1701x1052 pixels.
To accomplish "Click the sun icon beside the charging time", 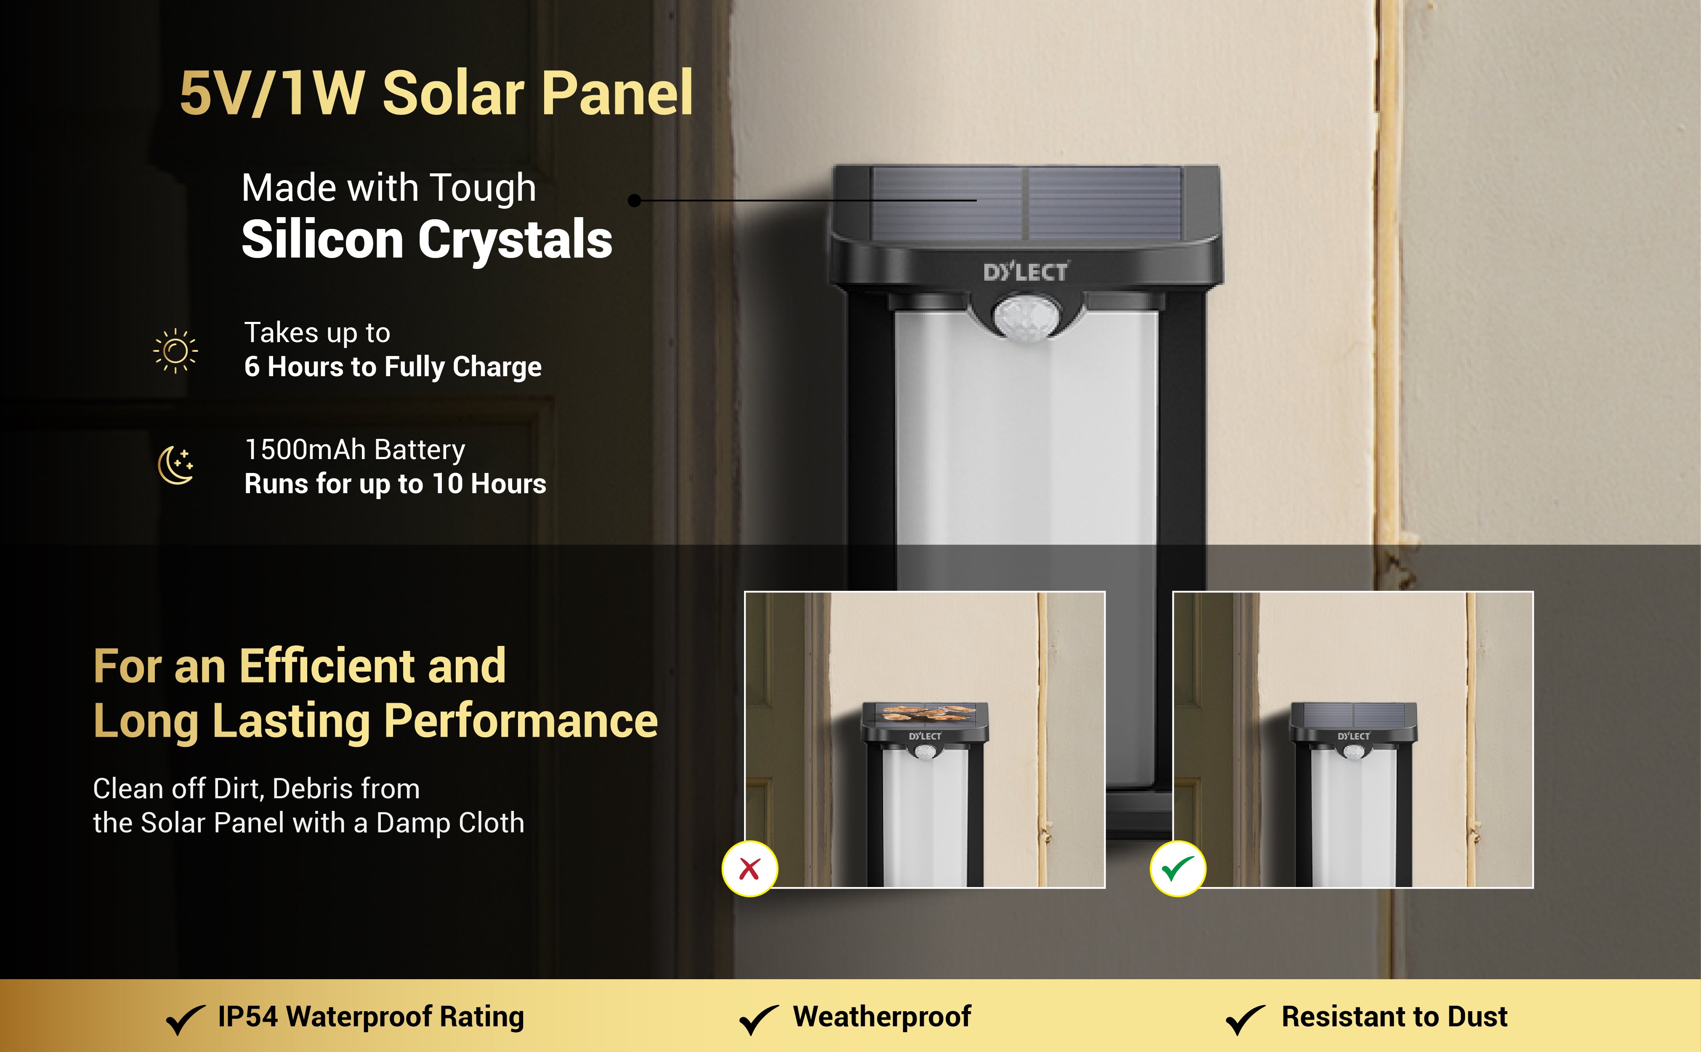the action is [x=175, y=351].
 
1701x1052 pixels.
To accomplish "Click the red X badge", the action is [x=749, y=868].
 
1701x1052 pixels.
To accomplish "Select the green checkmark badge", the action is [x=1178, y=868].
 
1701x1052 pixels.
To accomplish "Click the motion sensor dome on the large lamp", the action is [x=1023, y=316].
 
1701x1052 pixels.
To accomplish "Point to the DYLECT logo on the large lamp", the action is [x=1026, y=271].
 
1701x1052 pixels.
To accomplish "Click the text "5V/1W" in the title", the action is [x=272, y=93].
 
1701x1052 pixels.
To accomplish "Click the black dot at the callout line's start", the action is [x=634, y=200].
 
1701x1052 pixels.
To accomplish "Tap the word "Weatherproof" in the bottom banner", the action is [x=882, y=1017].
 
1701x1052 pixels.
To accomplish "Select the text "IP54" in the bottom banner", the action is [x=248, y=1017].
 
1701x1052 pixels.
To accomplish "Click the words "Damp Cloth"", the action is [x=450, y=823].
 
